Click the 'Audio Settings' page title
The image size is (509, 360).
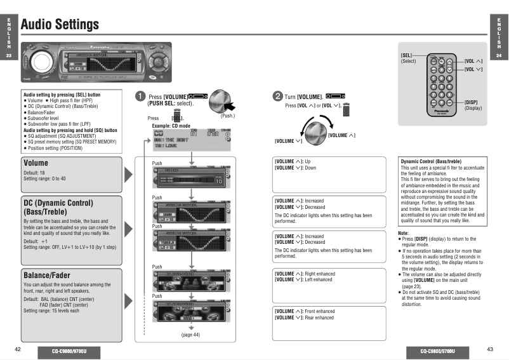coord(60,24)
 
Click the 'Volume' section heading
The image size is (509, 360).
coord(36,163)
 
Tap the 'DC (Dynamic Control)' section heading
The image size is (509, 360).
coord(58,203)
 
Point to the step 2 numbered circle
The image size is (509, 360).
coord(278,96)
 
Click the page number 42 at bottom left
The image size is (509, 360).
coord(18,349)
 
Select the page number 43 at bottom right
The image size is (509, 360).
coord(489,349)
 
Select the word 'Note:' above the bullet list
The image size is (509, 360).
coord(403,233)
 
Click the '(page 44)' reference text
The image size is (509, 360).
coord(190,335)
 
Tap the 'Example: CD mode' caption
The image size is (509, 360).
coord(172,126)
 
